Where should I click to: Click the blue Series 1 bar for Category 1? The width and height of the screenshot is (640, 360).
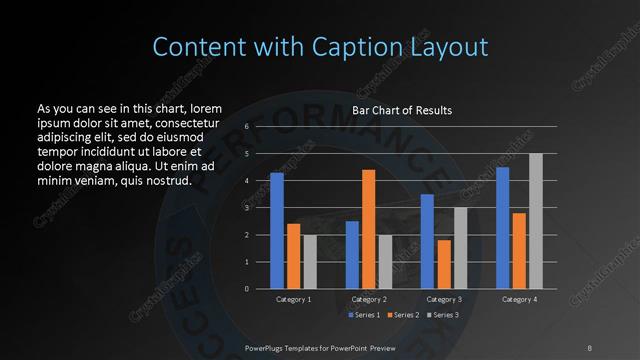coord(277,231)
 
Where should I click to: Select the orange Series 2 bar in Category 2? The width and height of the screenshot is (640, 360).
coord(368,229)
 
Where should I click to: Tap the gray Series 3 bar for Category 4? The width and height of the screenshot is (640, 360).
coord(536,221)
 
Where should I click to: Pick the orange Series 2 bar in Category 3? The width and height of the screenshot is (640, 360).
coord(443,264)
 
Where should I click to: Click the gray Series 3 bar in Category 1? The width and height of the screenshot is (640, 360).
coord(310,262)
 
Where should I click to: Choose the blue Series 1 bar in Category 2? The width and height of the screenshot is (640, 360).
coord(352,255)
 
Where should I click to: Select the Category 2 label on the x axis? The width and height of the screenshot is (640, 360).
coord(369,299)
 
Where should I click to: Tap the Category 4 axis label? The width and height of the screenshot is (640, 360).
coord(519,299)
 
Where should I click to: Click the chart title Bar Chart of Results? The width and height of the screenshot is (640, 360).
coord(402,110)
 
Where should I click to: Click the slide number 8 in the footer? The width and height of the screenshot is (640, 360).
coord(589,347)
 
